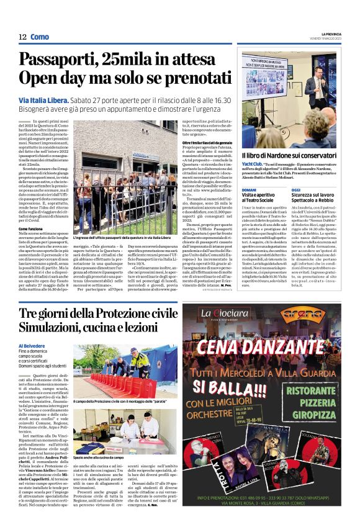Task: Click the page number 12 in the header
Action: pyautogui.click(x=22, y=37)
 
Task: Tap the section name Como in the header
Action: pyautogui.click(x=39, y=37)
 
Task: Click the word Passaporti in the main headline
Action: pyautogui.click(x=61, y=61)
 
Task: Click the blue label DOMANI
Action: pyautogui.click(x=249, y=189)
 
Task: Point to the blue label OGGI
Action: pyautogui.click(x=296, y=189)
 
